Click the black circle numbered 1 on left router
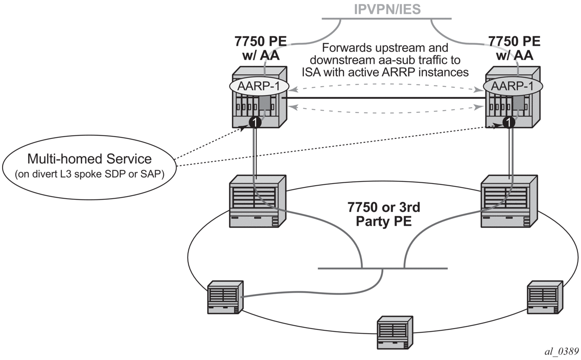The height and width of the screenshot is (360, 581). pyautogui.click(x=255, y=122)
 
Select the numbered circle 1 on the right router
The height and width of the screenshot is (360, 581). pyautogui.click(x=508, y=122)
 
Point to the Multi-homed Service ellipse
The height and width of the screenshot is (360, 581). pyautogui.click(x=89, y=166)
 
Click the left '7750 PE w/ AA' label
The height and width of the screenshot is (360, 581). pyautogui.click(x=260, y=48)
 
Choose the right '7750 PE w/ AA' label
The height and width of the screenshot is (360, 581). pyautogui.click(x=514, y=48)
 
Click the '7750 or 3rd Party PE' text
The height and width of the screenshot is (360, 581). pyautogui.click(x=384, y=214)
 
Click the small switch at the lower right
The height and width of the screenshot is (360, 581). pyautogui.click(x=544, y=297)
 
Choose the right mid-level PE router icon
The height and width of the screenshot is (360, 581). pyautogui.click(x=508, y=201)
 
